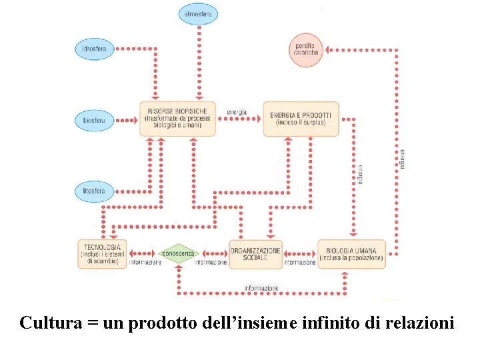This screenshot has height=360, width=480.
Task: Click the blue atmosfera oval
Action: coord(199,14)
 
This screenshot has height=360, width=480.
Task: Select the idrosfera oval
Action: coord(94,49)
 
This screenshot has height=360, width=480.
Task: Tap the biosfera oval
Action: coord(94,120)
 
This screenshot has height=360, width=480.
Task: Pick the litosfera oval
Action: coord(94,191)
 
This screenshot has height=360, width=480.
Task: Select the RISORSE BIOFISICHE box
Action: coord(177,119)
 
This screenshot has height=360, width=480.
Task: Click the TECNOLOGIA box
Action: coord(101,254)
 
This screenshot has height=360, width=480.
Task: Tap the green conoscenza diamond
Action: coord(179,253)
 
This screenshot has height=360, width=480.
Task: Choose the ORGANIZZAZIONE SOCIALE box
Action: coord(255,254)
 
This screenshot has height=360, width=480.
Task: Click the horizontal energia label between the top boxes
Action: coord(237,111)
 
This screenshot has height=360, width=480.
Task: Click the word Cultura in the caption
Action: coord(50,323)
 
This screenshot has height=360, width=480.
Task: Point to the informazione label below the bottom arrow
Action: coord(261,288)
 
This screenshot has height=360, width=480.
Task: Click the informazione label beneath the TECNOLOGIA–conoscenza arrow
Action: coord(145,263)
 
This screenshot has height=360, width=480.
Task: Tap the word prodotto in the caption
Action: coord(161,325)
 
